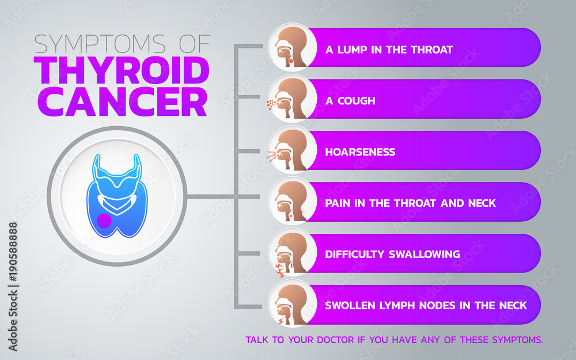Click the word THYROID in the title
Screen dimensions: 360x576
(x=123, y=70)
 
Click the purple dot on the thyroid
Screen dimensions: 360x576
(x=104, y=221)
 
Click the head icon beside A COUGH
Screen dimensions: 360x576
(x=293, y=99)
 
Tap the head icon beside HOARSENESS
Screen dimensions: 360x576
(x=293, y=150)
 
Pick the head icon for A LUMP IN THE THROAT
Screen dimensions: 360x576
(x=293, y=48)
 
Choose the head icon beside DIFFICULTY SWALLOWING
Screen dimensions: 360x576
(x=293, y=253)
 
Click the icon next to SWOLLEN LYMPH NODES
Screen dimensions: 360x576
(x=293, y=304)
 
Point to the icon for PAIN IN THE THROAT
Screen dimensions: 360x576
(x=293, y=202)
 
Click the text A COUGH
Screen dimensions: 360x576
(x=350, y=101)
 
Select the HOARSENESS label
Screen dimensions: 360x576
(x=360, y=152)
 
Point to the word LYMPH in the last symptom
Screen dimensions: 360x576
(x=398, y=305)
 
